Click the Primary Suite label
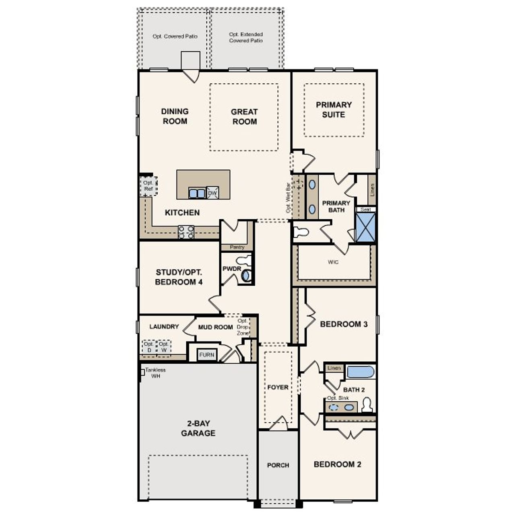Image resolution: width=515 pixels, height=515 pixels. pos(334,109)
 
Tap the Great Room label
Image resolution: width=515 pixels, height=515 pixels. pos(244,117)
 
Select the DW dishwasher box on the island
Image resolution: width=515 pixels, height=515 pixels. pos(212,193)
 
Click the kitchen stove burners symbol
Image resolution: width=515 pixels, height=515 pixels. pos(186,232)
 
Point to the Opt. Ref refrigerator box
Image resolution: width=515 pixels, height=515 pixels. pos(148,186)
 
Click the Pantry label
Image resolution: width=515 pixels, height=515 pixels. pos(237,247)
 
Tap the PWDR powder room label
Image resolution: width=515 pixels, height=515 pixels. pos(231,268)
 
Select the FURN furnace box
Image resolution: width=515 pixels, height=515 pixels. pos(207,355)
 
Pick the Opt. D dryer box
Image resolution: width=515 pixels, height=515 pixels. pos(148,347)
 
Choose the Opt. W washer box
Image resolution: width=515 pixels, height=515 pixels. pos(163,347)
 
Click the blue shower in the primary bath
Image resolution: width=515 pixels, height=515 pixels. pos(366,227)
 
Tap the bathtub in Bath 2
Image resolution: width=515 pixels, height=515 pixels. pos(360,372)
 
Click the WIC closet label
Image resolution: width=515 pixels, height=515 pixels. pos(333,262)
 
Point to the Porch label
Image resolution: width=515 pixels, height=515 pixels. pos(278,465)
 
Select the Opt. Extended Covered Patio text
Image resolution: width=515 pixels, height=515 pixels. pos(246,37)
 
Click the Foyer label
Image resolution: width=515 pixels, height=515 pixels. pos(278,387)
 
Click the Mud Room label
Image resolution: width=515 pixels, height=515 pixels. pos(215,327)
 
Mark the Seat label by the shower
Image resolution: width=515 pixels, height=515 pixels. pos(365,210)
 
